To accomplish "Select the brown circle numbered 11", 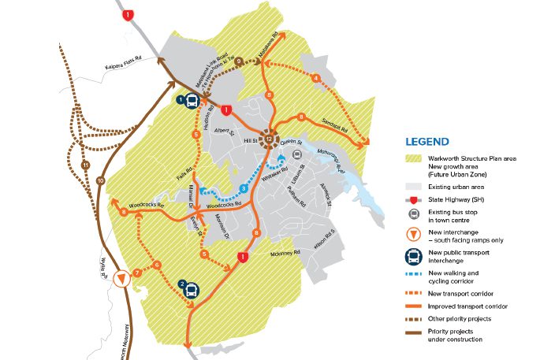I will coord(85,165).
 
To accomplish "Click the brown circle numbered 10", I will coord(100,181).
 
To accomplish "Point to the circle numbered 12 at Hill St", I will coord(270,139).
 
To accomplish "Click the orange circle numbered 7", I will coord(137,273).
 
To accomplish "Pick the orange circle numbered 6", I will coord(157,265).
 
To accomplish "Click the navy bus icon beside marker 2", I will coord(192,290).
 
